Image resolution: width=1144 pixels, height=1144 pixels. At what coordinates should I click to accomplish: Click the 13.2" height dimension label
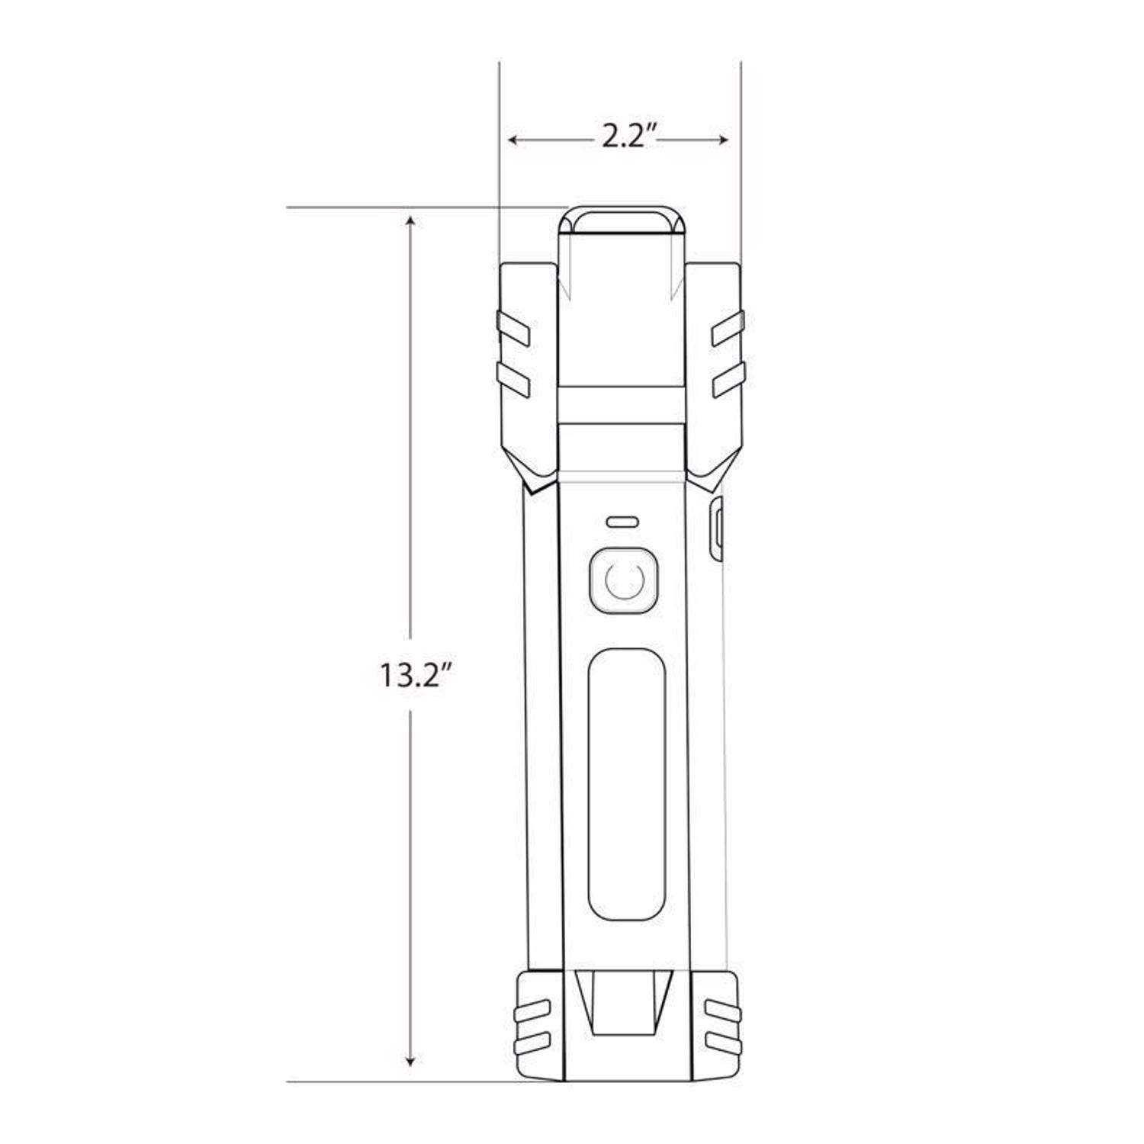(412, 676)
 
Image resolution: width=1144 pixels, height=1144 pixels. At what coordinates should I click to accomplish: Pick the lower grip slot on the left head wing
(514, 379)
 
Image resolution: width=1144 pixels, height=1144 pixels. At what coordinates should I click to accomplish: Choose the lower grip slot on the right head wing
(728, 379)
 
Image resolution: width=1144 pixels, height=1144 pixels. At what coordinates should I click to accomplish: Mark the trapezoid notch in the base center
(624, 1003)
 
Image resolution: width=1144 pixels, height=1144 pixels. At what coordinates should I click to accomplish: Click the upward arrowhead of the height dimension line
(411, 221)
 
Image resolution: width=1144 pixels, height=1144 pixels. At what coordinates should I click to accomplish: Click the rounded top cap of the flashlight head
(622, 219)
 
